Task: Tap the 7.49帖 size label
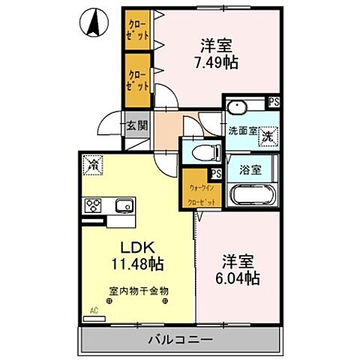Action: tap(217, 63)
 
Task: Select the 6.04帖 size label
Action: tap(239, 279)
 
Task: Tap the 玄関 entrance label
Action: tap(135, 124)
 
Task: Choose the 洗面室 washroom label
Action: tap(242, 131)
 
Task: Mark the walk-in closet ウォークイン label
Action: tap(199, 189)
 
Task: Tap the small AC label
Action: tap(94, 310)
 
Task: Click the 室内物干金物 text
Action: tap(139, 289)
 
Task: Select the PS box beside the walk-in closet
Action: tap(217, 174)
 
